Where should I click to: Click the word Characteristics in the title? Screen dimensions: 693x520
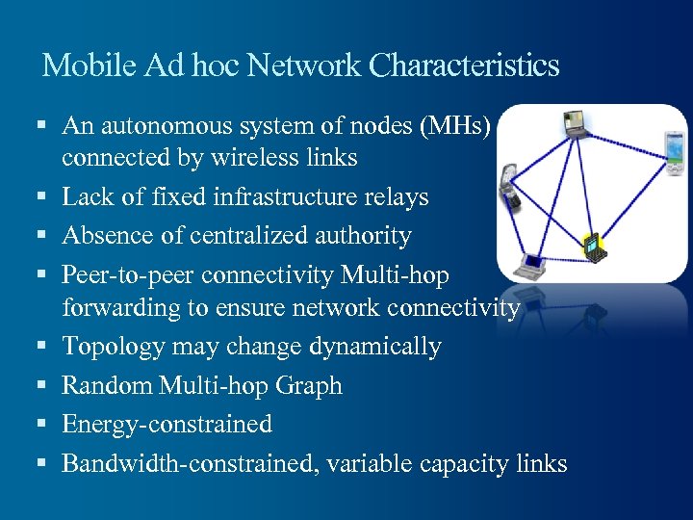(x=464, y=65)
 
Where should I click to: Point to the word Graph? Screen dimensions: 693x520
(x=308, y=385)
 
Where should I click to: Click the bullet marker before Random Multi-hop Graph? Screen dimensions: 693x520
(x=42, y=385)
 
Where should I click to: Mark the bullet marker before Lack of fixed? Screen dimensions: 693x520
(x=42, y=196)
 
